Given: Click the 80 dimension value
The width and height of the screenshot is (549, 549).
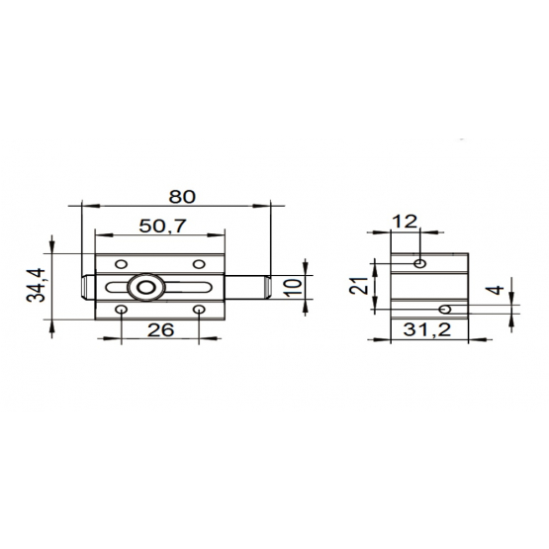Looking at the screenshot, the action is pos(182,197).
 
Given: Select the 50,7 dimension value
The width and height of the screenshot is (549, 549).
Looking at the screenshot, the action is pos(163,226).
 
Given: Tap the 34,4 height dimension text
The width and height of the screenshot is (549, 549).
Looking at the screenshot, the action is pos(36,285).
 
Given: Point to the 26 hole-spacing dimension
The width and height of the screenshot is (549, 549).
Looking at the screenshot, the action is pos(160,329).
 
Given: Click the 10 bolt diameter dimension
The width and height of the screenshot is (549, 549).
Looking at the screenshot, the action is pos(294,288).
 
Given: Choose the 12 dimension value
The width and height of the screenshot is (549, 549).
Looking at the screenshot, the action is pos(405,222).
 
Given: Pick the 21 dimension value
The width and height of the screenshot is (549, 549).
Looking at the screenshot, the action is pos(358,285).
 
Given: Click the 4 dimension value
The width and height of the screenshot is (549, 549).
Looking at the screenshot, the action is pos(495,290).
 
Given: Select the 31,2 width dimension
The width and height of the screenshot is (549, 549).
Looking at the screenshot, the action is pos(426,329).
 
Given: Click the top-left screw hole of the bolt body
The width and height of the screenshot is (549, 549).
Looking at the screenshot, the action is pos(121,264).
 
